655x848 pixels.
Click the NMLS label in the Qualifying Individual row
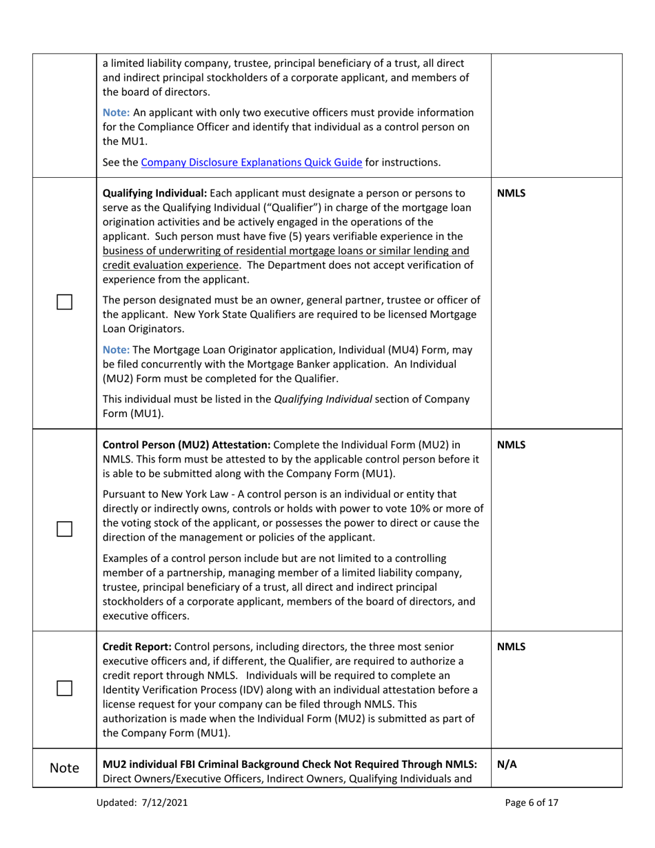[x=511, y=193]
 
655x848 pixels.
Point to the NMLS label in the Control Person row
[x=511, y=445]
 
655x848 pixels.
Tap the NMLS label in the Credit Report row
[x=511, y=647]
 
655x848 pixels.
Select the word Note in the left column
[x=64, y=768]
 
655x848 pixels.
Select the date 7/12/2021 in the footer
[x=164, y=802]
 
